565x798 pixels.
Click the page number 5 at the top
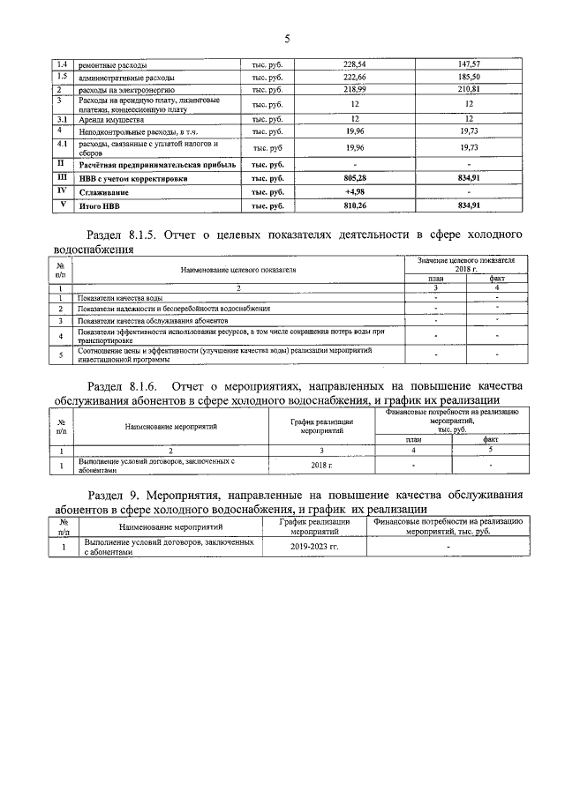287,38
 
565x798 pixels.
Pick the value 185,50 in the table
473,78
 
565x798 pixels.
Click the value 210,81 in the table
473,91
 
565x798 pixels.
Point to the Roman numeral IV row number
61,190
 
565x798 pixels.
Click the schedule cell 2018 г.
321,465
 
